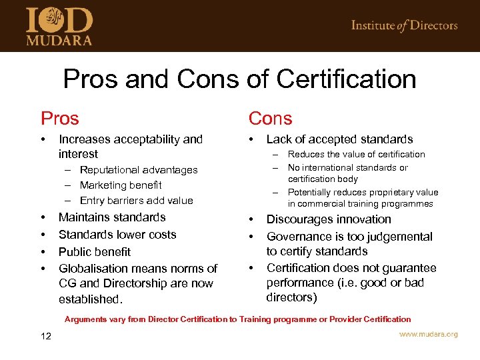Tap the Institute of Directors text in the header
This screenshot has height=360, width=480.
point(404,25)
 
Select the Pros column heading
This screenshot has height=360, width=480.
point(59,119)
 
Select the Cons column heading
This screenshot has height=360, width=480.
point(270,119)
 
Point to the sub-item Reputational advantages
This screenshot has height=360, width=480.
point(139,170)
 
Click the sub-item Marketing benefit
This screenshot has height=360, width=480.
point(120,185)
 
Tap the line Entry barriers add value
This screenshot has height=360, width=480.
point(136,201)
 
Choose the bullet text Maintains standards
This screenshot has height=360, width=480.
point(112,217)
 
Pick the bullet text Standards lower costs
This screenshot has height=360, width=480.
point(117,235)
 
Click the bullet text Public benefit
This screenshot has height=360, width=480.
point(95,252)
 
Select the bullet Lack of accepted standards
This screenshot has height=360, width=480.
point(339,139)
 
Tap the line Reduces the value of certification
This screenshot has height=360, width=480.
point(356,155)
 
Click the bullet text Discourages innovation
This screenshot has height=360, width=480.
point(329,219)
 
